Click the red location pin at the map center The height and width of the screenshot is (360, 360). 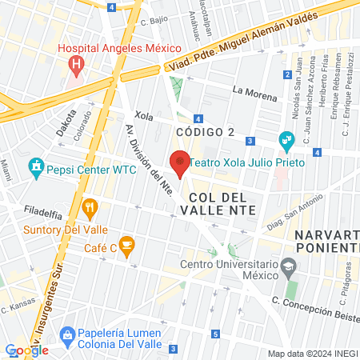pos(180,162)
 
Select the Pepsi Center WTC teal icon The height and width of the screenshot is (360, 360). pos(35,169)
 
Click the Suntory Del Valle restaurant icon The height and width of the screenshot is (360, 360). pos(90,210)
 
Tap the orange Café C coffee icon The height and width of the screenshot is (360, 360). pos(126,244)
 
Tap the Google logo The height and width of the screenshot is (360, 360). pos(26,350)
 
